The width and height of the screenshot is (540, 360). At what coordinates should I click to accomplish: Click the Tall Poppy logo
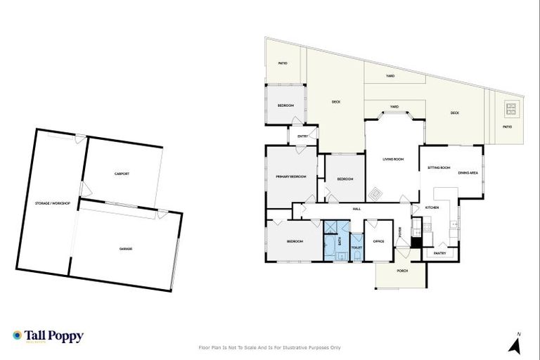[48, 336]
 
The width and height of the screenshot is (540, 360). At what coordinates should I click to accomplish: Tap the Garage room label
[126, 248]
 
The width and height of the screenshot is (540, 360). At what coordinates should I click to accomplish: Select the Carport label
[122, 174]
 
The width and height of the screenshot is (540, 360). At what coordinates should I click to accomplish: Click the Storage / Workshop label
[53, 203]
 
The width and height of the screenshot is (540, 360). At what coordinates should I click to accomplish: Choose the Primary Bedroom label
[291, 176]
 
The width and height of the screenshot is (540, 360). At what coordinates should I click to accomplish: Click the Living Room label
[393, 160]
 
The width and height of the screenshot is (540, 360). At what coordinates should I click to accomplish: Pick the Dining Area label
[468, 173]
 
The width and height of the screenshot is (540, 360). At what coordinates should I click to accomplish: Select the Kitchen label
[432, 207]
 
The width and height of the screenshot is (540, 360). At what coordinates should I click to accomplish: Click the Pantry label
[440, 253]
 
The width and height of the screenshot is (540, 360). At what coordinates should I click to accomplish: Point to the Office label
[378, 241]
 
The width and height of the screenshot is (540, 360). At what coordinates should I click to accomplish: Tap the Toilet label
[356, 247]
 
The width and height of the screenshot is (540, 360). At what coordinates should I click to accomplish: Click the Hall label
[356, 209]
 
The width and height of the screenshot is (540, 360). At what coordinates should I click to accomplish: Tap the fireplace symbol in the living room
[375, 191]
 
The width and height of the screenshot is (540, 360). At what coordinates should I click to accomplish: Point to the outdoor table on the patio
[510, 109]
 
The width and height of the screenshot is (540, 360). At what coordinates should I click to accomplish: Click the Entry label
[302, 136]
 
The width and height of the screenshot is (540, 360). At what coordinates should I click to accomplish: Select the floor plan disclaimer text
[270, 347]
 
